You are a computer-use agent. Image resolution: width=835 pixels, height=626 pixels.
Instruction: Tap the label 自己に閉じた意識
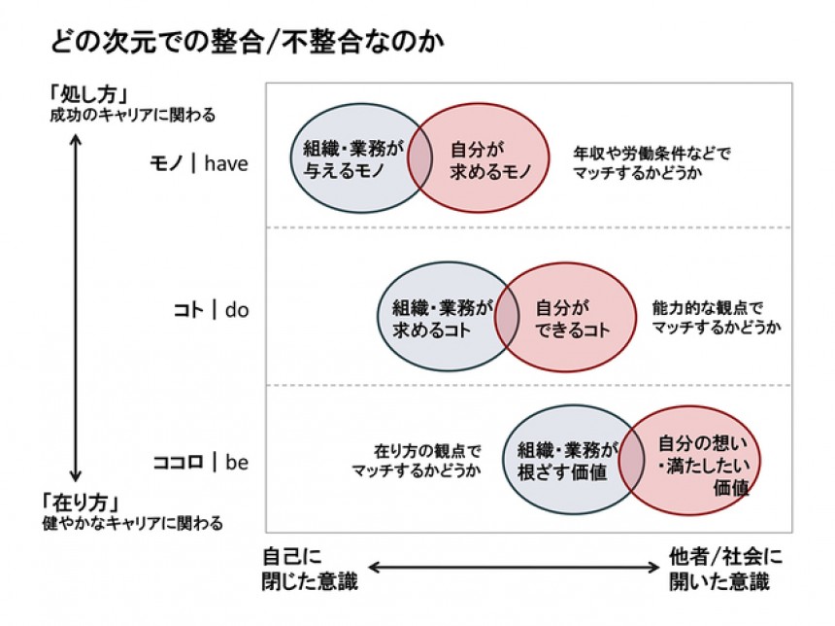tap(310, 570)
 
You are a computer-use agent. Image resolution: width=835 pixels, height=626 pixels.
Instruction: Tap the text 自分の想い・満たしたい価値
tap(693, 466)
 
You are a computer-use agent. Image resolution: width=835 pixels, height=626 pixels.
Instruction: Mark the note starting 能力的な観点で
tap(716, 316)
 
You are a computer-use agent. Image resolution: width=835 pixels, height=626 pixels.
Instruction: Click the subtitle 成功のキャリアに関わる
tap(133, 115)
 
